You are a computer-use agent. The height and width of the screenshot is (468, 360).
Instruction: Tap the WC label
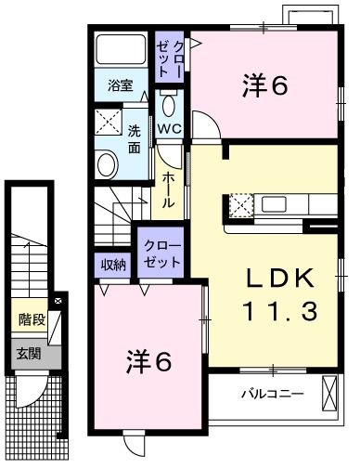(169, 128)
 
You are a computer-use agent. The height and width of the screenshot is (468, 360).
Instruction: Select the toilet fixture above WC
(169, 102)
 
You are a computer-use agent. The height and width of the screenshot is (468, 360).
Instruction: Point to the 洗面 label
(135, 138)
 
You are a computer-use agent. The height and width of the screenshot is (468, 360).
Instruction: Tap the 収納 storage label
(113, 265)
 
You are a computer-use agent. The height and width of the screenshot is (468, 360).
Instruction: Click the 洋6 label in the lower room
(148, 361)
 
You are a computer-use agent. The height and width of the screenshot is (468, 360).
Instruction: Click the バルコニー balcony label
(273, 394)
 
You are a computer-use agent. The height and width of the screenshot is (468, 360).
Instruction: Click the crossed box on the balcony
(330, 392)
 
